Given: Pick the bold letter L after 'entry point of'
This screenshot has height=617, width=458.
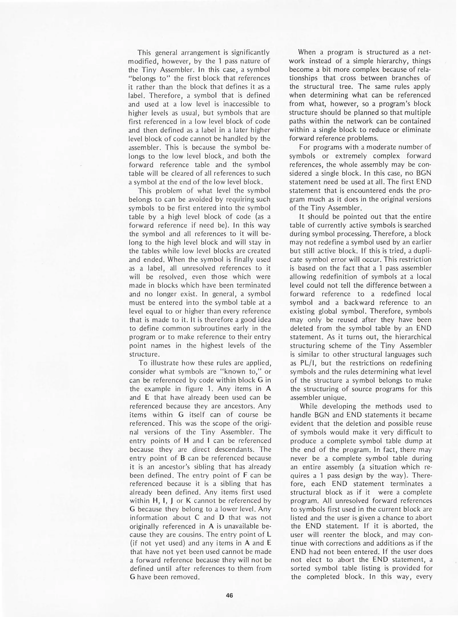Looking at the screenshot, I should click(x=269, y=534).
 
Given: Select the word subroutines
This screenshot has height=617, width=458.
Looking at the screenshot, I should click(x=209, y=328).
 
